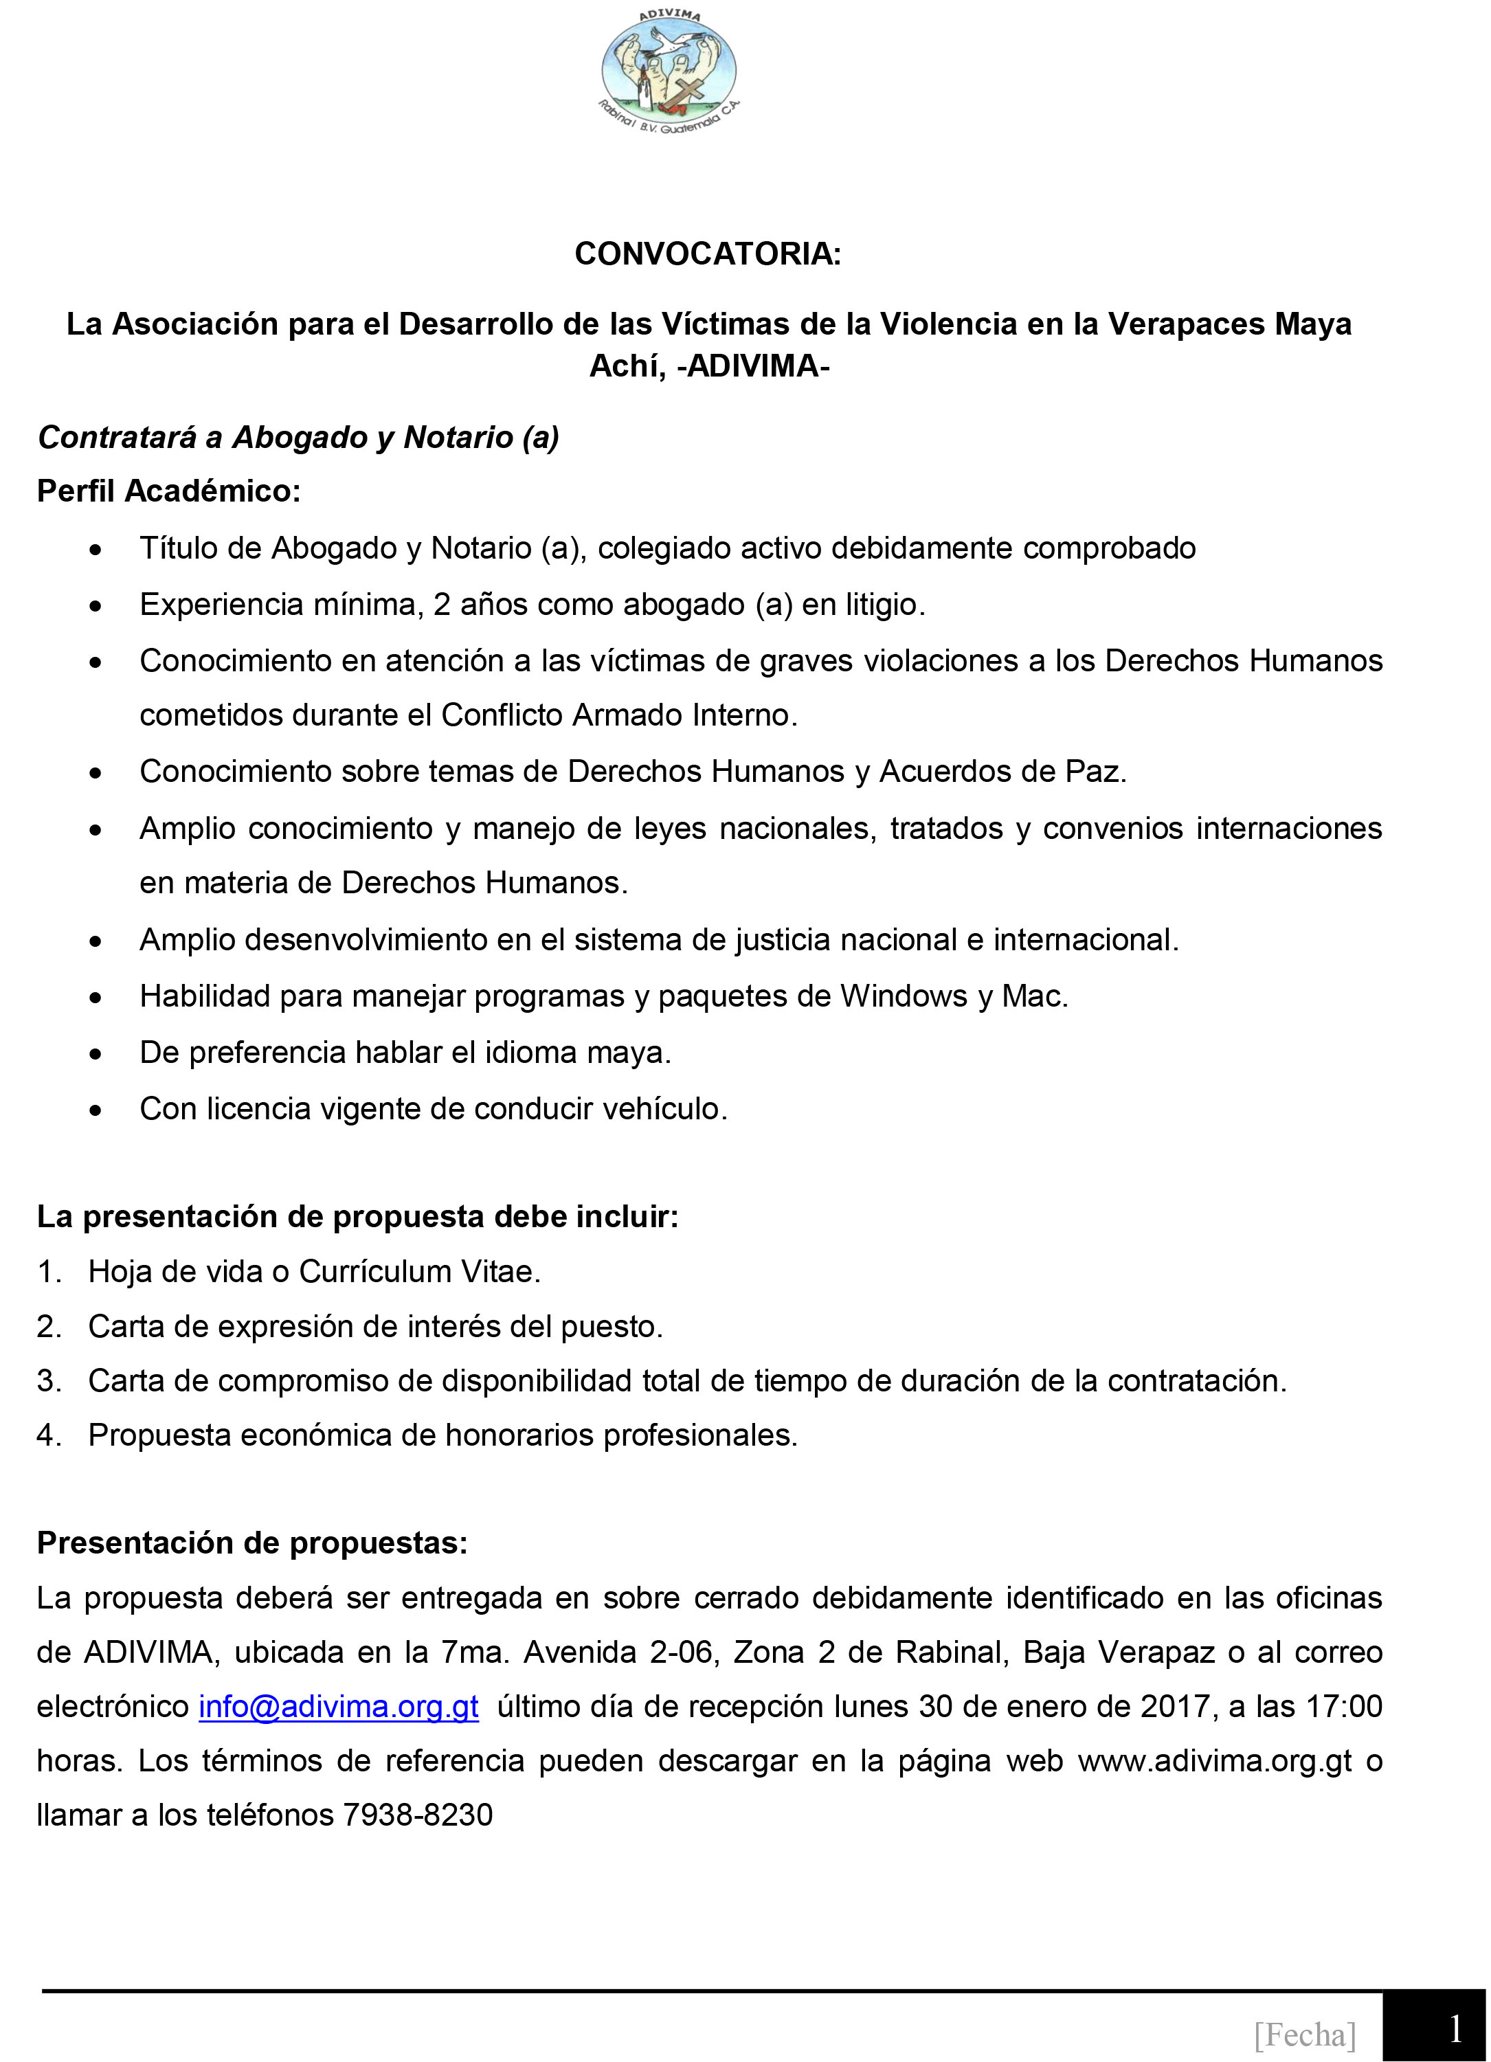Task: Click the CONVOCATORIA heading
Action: click(707, 254)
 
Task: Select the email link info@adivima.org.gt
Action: click(338, 1707)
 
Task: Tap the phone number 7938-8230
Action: click(417, 1815)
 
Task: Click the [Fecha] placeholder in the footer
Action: click(1305, 2034)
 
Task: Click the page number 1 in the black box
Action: click(1455, 2029)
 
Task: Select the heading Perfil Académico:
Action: click(168, 491)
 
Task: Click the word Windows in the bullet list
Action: click(903, 996)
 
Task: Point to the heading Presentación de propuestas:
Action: click(252, 1543)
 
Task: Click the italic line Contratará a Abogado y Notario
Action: click(298, 437)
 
